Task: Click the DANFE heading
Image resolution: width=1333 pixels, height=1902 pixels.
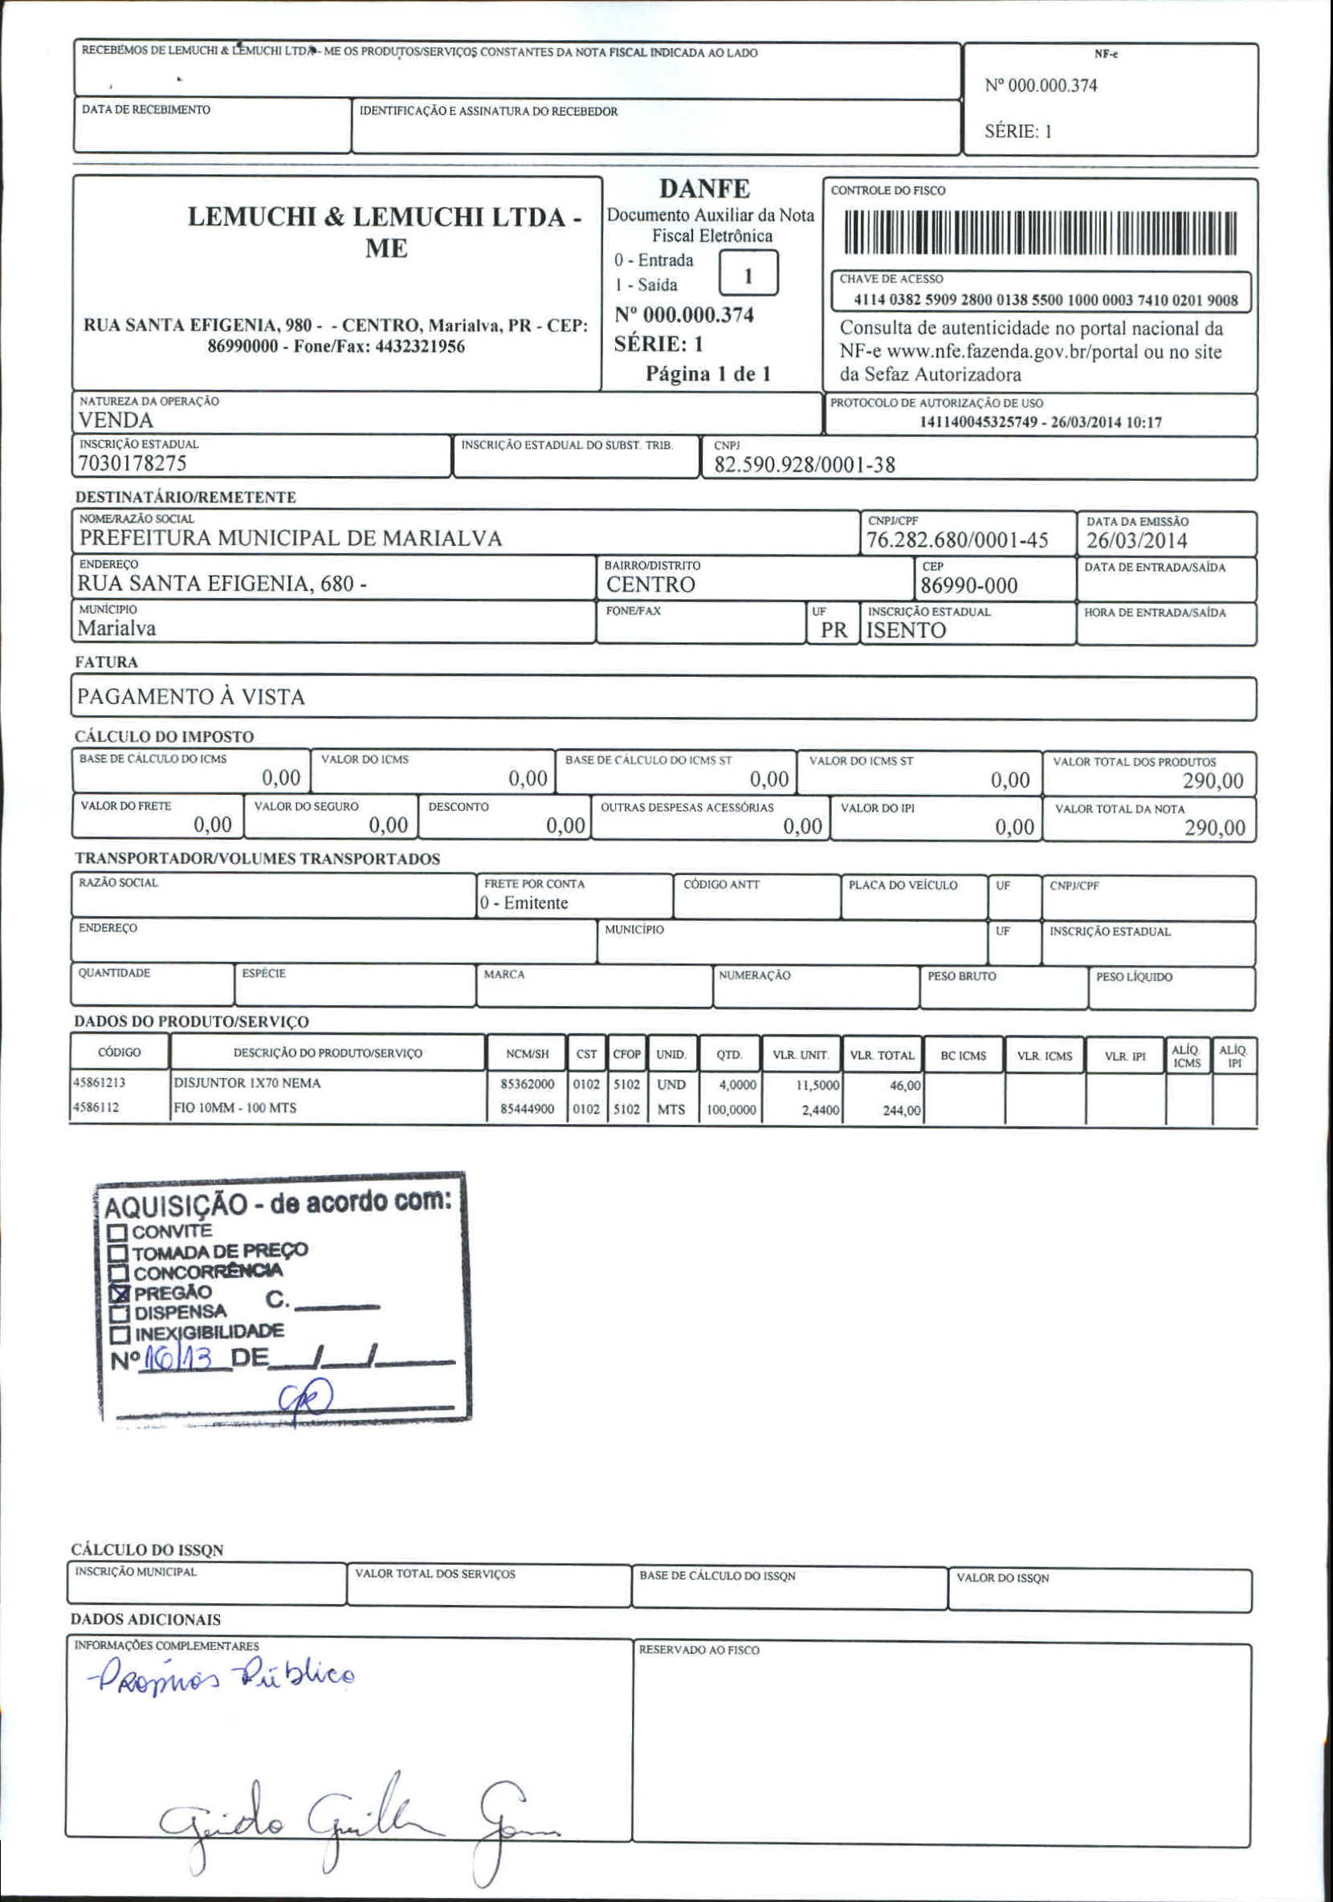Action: (x=704, y=189)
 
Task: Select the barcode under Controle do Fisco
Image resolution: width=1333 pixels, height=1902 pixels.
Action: (x=1040, y=233)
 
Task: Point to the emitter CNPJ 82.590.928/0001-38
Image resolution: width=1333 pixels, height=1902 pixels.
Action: (x=804, y=465)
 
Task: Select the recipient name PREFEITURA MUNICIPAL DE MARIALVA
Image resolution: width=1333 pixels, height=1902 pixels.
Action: (x=291, y=539)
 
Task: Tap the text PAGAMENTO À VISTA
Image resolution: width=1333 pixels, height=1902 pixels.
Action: (x=191, y=697)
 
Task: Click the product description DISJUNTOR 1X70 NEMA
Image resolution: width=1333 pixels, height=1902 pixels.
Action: (x=247, y=1084)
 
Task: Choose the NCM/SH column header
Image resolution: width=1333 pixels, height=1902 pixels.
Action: (x=527, y=1054)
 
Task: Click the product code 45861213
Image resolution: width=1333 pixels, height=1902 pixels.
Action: (x=100, y=1083)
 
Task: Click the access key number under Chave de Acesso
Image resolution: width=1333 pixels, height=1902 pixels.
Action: (x=1045, y=300)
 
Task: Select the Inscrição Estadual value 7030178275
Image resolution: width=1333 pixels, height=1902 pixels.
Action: (x=132, y=463)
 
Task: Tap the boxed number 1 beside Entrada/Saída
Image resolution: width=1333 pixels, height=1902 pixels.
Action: (x=748, y=275)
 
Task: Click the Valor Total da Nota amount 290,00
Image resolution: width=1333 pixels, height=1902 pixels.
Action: (x=1213, y=828)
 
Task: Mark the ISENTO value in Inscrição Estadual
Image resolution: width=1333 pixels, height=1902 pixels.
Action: (x=906, y=630)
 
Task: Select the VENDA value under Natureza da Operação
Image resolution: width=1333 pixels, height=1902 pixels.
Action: (x=115, y=420)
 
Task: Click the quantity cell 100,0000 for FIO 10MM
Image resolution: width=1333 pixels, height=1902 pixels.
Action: (x=731, y=1110)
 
